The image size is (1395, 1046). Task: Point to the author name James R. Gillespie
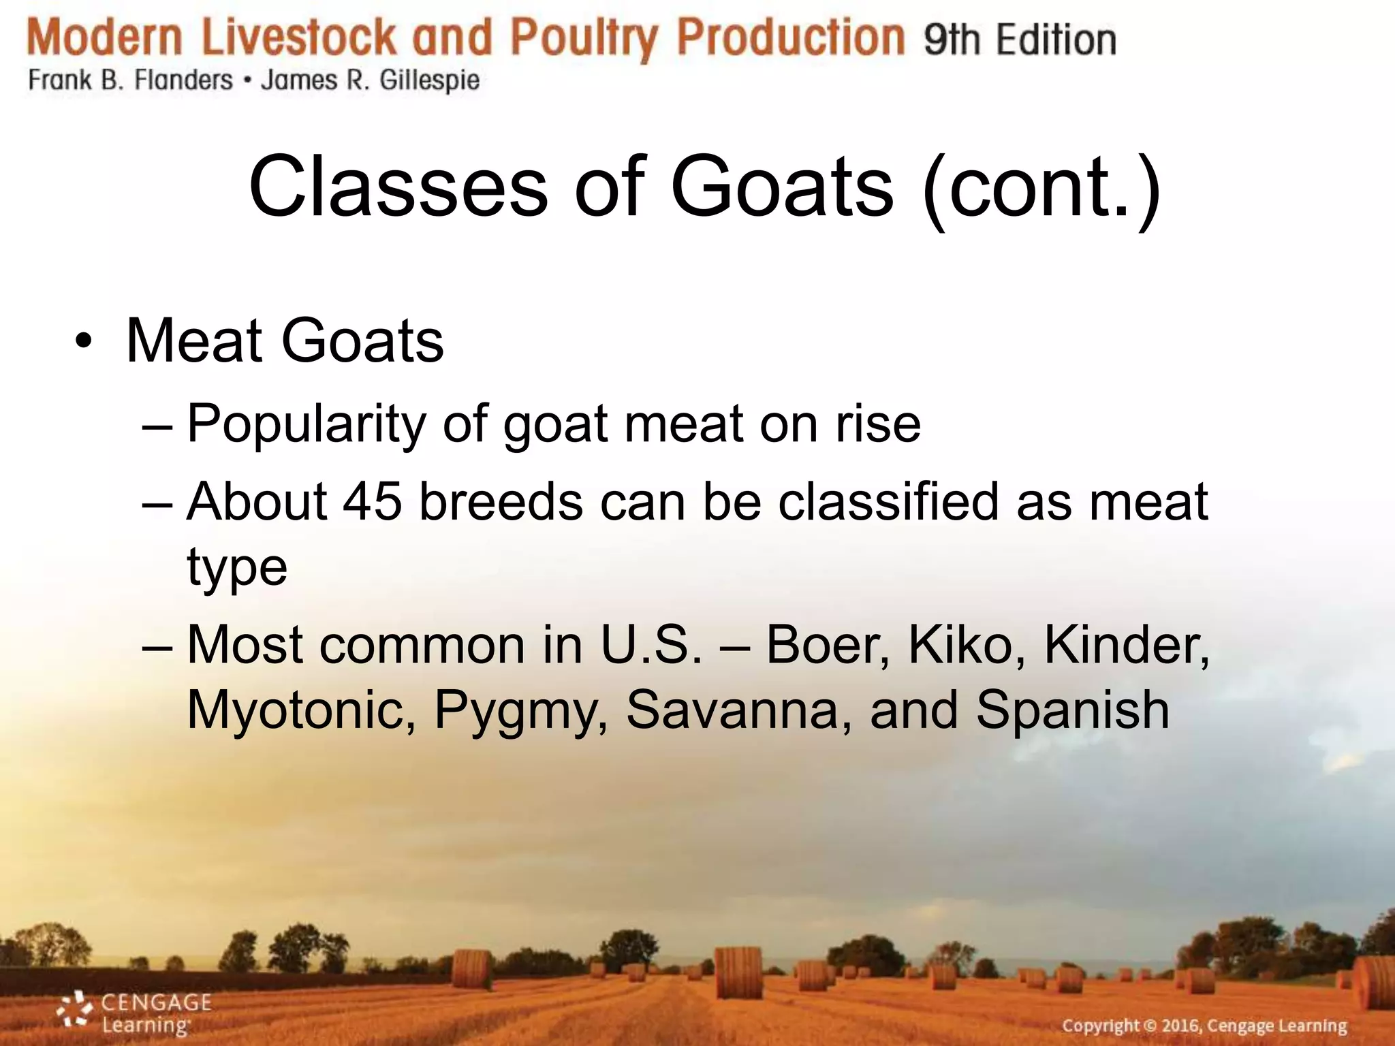tap(371, 81)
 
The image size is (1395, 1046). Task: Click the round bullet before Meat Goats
tap(83, 340)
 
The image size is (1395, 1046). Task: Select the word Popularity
tap(306, 424)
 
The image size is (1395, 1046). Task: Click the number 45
tap(372, 501)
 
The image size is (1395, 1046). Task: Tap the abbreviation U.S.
tap(651, 644)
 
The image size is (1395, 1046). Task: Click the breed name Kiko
tap(967, 644)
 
